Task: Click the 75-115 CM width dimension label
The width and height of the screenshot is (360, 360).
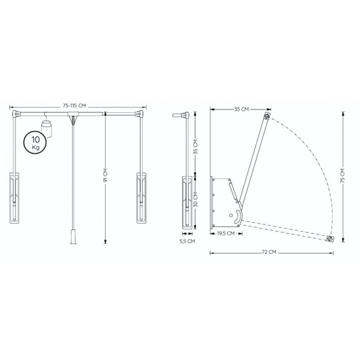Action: (74, 106)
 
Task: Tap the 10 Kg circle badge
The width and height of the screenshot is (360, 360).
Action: (35, 142)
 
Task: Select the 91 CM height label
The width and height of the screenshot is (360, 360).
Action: (105, 176)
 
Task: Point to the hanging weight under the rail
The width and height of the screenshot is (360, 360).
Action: (47, 128)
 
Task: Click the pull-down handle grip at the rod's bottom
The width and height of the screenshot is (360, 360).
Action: (73, 236)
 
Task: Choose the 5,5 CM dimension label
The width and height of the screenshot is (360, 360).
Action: (187, 241)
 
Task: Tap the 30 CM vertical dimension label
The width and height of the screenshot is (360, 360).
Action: (196, 200)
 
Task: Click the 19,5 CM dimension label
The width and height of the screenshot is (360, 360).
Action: (226, 234)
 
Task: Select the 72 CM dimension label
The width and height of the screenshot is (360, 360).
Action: (269, 252)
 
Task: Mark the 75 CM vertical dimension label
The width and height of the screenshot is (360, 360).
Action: (342, 176)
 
